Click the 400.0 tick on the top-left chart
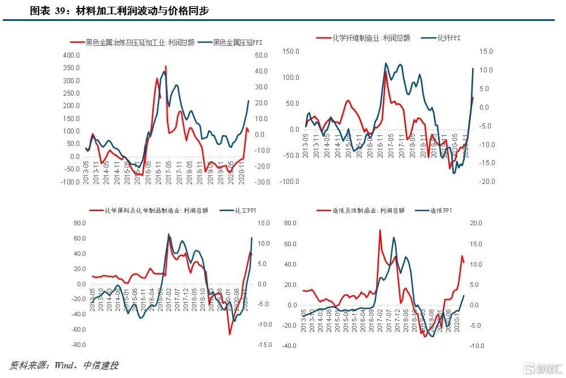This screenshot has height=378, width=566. (72, 55)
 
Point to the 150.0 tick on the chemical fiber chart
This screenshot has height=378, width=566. (290, 51)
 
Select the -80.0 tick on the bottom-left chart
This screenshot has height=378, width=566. (78, 345)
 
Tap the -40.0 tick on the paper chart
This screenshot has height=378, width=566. (290, 346)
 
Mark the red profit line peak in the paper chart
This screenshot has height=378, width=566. (380, 230)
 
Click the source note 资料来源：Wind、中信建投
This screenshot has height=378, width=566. (65, 365)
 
